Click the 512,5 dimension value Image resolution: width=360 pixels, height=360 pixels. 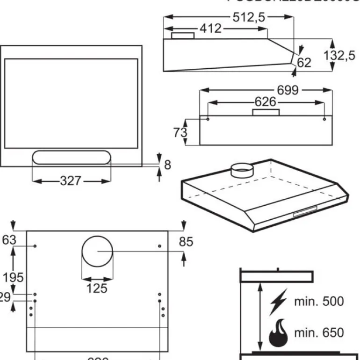pyautogui.click(x=249, y=17)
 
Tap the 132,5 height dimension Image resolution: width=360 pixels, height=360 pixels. pyautogui.click(x=339, y=56)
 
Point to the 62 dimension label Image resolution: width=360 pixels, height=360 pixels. pyautogui.click(x=304, y=62)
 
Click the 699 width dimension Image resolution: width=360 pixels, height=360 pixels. pyautogui.click(x=288, y=90)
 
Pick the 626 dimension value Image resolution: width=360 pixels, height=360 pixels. pyautogui.click(x=265, y=101)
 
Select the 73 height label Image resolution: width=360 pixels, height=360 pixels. pyautogui.click(x=180, y=132)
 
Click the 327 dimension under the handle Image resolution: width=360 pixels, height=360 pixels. pyautogui.click(x=71, y=180)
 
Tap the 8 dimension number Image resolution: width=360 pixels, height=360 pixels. pyautogui.click(x=168, y=165)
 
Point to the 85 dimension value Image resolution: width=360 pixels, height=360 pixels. pyautogui.click(x=186, y=242)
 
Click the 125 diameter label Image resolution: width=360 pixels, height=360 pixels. pyautogui.click(x=97, y=288)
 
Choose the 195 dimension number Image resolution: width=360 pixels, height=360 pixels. pyautogui.click(x=13, y=277)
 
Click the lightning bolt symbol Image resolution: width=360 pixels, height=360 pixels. pyautogui.click(x=279, y=302)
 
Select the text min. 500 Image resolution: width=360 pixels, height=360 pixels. pyautogui.click(x=318, y=302)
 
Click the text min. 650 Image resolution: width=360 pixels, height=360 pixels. pyautogui.click(x=318, y=333)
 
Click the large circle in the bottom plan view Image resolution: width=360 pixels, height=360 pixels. pyautogui.click(x=97, y=252)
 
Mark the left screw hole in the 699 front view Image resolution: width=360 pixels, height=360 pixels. pyautogui.click(x=208, y=119)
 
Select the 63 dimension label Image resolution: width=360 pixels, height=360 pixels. pyautogui.click(x=9, y=240)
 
